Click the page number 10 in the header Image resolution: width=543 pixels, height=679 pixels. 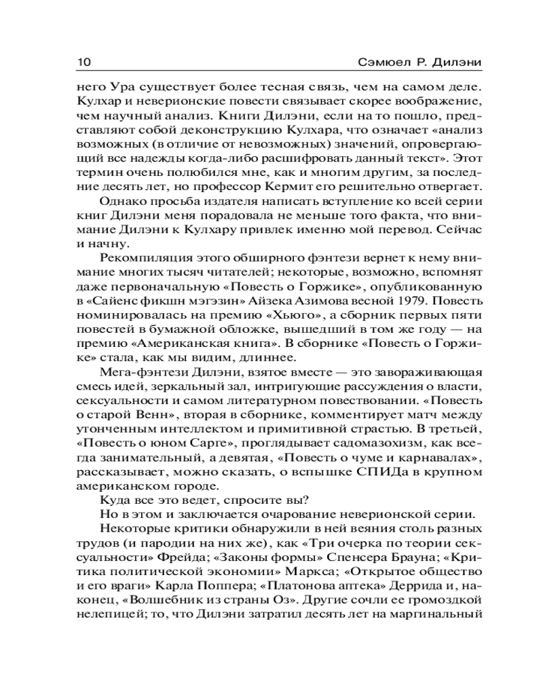pos(80,62)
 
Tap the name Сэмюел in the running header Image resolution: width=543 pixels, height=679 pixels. pos(383,62)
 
